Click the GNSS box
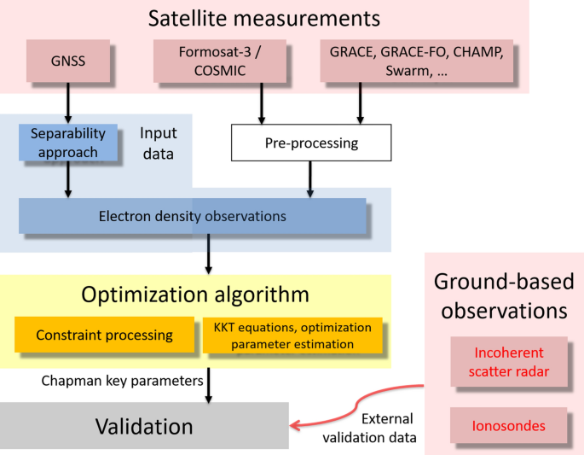67,60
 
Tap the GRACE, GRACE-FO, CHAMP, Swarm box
416,60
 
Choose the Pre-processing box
311,143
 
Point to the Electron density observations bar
193,216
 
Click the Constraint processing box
104,335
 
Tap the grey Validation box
143,425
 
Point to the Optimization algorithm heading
195,295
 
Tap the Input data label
158,143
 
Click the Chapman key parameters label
122,381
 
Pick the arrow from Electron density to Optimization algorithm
209,254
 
